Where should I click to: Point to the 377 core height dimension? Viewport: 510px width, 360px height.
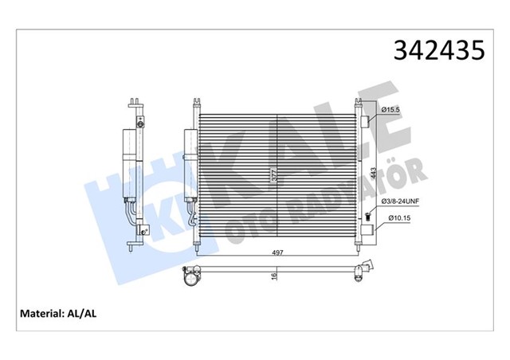(274, 177)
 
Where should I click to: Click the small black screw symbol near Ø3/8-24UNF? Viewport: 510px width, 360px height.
(369, 216)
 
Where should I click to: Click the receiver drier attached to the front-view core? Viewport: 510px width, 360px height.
(190, 163)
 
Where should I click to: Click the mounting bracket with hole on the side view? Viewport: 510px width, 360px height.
(143, 229)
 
